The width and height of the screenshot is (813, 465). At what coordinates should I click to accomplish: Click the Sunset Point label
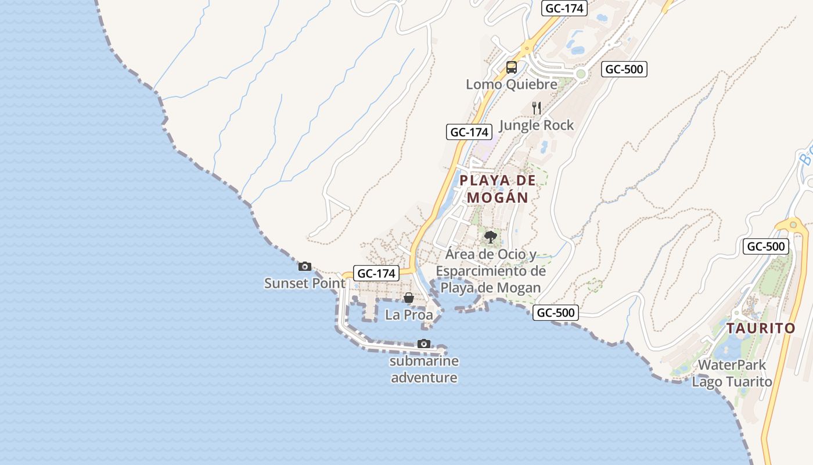305,284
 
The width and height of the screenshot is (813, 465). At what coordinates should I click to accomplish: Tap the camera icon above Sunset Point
305,267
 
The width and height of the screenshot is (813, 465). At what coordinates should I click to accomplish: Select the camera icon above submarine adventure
424,344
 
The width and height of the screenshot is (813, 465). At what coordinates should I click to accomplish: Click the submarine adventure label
424,370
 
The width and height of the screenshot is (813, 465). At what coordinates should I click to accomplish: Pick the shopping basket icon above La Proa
409,298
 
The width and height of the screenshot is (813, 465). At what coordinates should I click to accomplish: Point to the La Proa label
409,315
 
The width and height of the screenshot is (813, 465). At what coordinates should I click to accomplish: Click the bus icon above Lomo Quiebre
512,67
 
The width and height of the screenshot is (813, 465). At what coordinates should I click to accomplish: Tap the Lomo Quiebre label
512,84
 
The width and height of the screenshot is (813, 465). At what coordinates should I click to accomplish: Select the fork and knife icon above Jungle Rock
537,108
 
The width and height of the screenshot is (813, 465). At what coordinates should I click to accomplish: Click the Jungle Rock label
537,125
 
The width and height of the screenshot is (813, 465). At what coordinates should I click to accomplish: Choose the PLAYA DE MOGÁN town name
498,189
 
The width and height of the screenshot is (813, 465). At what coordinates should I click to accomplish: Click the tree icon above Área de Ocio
491,237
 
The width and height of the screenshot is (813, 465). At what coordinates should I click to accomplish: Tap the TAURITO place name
761,328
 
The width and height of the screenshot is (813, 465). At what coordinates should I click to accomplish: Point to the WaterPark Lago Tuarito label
732,373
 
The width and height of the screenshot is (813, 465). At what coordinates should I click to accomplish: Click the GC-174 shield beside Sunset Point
377,273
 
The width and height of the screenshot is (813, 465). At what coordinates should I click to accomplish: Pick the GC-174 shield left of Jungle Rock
469,132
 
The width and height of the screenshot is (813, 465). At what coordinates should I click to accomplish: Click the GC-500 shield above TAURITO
766,246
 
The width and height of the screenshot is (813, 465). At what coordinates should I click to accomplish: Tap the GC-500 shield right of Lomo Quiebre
624,69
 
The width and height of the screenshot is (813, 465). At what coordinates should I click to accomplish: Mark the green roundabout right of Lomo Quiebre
580,73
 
